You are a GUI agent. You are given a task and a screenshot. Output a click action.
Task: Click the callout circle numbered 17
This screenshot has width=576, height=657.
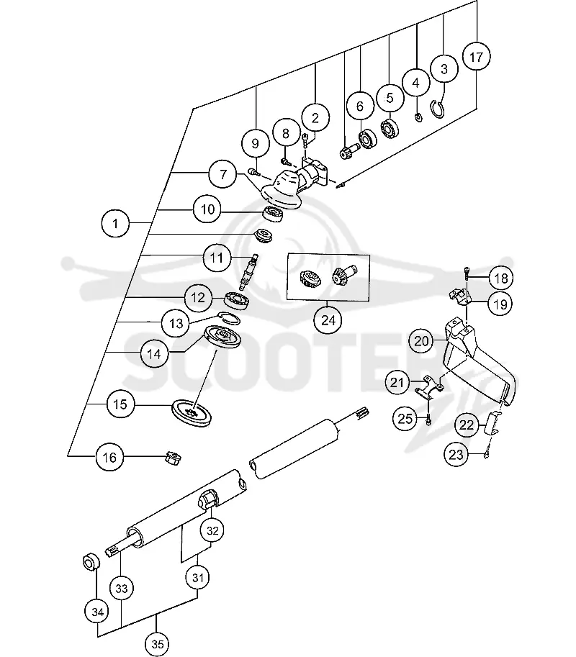(476, 57)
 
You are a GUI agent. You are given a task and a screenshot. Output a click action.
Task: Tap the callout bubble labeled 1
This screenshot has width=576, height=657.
(115, 223)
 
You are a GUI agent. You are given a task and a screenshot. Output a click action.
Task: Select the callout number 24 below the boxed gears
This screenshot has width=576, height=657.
(328, 320)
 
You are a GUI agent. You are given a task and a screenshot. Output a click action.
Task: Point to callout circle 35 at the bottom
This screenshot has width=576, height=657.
(157, 643)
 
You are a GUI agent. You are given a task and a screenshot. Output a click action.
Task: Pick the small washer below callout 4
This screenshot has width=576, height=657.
(418, 117)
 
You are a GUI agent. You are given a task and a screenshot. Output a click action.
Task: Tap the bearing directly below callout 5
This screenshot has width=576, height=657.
(390, 129)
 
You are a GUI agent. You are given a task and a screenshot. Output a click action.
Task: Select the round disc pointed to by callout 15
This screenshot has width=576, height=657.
(192, 413)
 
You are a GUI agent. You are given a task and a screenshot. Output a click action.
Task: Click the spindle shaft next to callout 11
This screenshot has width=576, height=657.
(248, 272)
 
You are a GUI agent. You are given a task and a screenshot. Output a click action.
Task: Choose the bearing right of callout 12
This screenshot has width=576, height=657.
(238, 299)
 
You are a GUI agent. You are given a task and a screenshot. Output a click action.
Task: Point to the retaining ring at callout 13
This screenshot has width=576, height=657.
(229, 319)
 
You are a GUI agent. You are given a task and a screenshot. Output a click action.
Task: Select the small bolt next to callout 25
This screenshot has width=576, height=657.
(428, 420)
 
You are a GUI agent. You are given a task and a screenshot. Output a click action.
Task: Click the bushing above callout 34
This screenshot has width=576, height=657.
(91, 561)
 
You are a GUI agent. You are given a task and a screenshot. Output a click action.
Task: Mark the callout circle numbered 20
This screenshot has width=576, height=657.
(421, 341)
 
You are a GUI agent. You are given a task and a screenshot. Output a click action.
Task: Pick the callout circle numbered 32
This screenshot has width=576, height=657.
(212, 530)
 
